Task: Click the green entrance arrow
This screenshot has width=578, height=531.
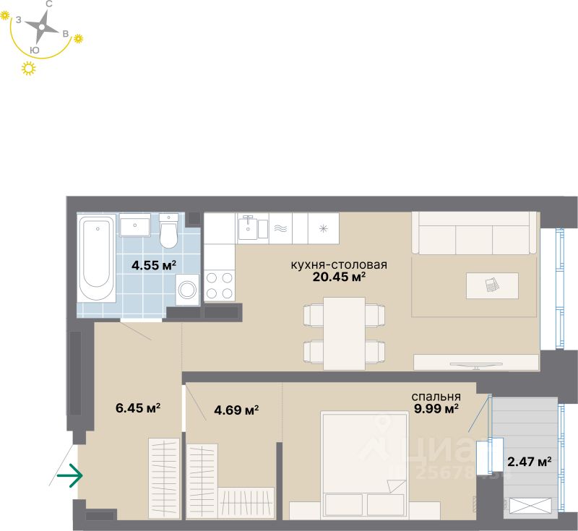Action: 70,475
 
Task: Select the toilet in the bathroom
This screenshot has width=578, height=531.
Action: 169,231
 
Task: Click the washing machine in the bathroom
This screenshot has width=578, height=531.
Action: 188,290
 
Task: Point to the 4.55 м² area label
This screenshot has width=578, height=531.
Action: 154,265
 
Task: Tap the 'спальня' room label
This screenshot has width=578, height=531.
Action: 436,397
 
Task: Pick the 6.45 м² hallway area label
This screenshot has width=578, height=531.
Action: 138,408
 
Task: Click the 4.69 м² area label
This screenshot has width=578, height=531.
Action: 236,410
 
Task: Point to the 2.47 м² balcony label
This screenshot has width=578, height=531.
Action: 529,460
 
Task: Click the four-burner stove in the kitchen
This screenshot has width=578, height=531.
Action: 220,285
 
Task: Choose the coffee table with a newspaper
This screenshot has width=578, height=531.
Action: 492,285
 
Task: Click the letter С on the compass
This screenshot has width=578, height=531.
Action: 48,4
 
